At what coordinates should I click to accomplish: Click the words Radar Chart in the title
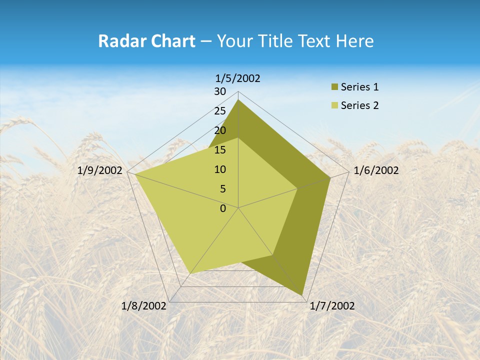tap(146, 41)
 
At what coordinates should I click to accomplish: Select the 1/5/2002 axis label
tap(238, 78)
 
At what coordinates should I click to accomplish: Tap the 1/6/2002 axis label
tap(376, 170)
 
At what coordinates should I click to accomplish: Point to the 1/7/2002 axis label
tap(332, 306)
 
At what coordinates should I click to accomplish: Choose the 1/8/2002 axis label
tap(144, 306)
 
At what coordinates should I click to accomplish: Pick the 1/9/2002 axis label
tap(100, 170)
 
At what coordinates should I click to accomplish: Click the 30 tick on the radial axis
tap(220, 91)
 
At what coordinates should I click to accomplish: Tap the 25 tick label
tap(220, 111)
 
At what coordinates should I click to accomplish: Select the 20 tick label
tap(220, 130)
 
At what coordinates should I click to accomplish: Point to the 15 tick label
tap(220, 150)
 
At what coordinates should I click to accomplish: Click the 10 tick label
tap(220, 169)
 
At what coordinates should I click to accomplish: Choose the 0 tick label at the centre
tap(223, 208)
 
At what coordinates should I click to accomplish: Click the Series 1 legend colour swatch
tap(335, 87)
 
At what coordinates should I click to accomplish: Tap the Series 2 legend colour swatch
tap(335, 105)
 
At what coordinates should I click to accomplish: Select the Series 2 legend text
tap(359, 105)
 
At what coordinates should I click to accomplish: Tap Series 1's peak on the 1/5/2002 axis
tap(238, 100)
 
